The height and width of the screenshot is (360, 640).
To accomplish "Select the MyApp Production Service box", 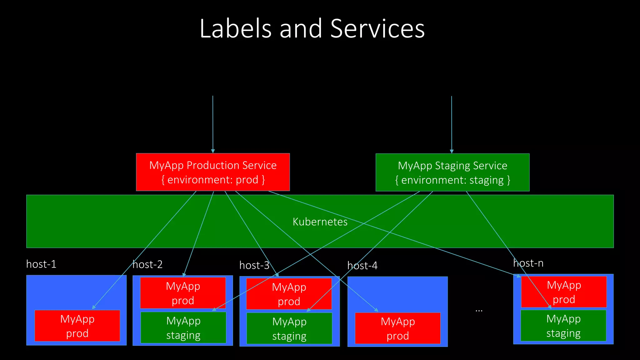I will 213,172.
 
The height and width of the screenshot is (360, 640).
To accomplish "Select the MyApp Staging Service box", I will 452,172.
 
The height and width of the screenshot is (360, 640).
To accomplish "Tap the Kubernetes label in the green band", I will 320,222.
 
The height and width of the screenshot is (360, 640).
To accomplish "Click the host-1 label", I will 41,264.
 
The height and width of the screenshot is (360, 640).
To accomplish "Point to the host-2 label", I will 147,264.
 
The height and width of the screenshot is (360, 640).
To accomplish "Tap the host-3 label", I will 254,265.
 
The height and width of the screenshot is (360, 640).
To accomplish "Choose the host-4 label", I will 362,266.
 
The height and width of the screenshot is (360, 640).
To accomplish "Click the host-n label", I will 528,263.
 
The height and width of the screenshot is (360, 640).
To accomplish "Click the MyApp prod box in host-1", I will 77,326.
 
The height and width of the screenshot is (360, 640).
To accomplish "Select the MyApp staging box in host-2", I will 183,327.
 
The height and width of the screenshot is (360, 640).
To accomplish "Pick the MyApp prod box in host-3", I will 289,294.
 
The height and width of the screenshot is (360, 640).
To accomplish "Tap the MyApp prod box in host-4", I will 397,328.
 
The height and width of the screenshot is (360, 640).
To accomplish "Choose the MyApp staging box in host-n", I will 563,326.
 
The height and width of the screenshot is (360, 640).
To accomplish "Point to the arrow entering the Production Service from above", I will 213,125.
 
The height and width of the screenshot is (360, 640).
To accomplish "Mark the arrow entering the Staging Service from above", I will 452,125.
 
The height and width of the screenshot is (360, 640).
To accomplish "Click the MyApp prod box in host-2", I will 183,293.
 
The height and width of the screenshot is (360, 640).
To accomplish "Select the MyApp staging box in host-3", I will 289,328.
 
